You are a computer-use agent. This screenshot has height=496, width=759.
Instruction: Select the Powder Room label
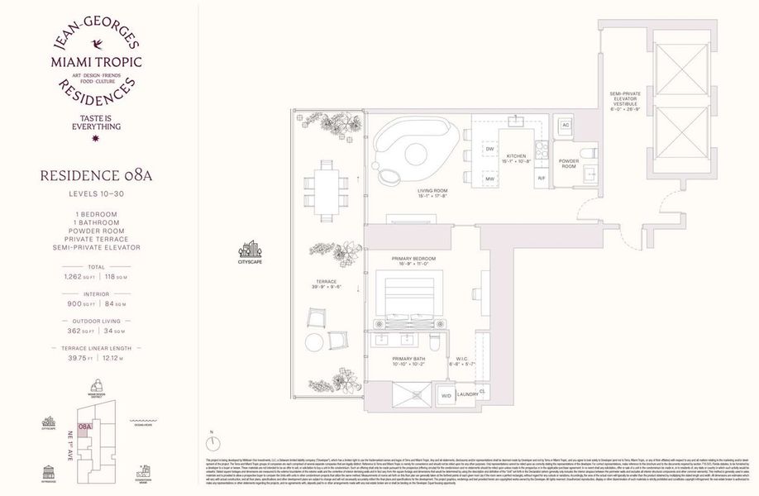[x=569, y=162]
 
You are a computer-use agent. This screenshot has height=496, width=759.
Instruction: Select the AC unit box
[x=566, y=125]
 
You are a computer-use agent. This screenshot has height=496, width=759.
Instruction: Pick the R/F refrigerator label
[x=541, y=178]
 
